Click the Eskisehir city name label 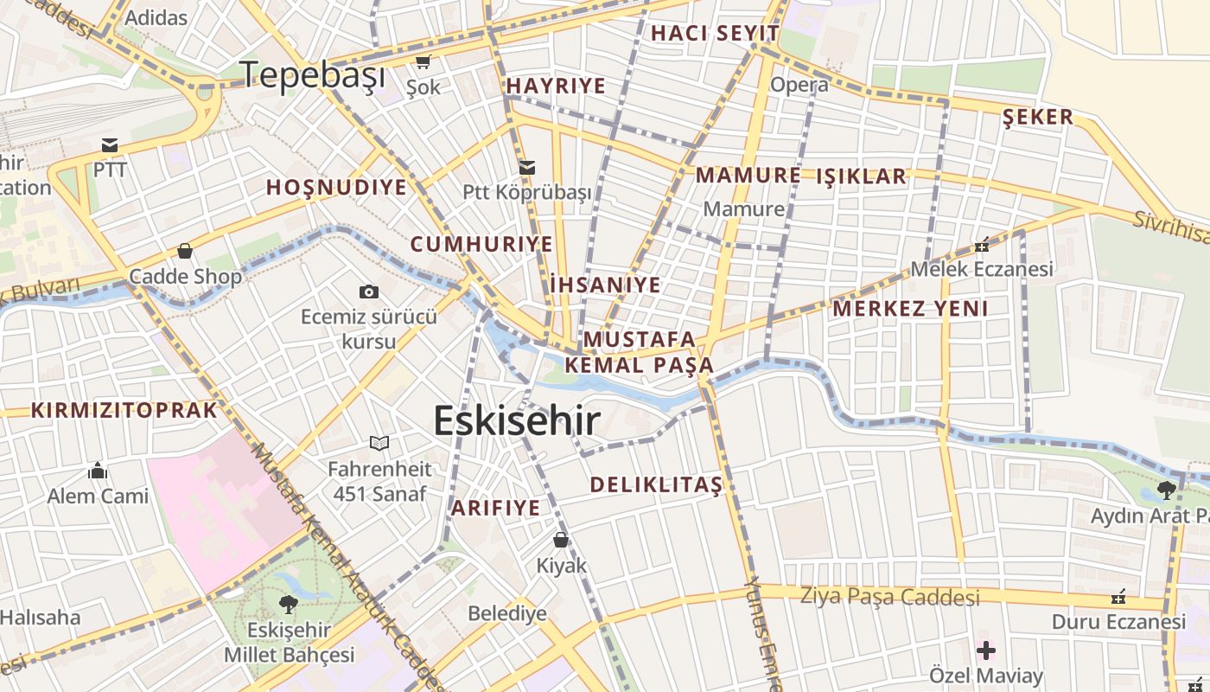[x=516, y=421]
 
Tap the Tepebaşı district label [x=312, y=75]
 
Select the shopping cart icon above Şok [x=423, y=61]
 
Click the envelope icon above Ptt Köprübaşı [x=526, y=167]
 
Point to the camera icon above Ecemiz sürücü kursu [x=369, y=292]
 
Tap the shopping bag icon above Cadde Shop [x=184, y=252]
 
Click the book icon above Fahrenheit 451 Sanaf [x=379, y=444]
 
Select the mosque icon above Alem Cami [x=98, y=471]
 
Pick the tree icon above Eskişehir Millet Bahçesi [x=289, y=604]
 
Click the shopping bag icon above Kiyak [x=561, y=541]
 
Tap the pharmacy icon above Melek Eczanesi [x=982, y=245]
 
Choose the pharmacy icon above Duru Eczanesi [x=1118, y=597]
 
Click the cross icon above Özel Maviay [x=986, y=650]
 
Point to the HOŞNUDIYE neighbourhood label [x=336, y=188]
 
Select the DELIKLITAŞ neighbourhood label [x=656, y=485]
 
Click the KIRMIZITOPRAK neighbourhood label [x=124, y=411]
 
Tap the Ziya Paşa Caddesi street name [x=889, y=597]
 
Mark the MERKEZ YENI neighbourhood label [x=910, y=309]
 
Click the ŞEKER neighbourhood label [x=1037, y=118]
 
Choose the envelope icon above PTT [x=110, y=144]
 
